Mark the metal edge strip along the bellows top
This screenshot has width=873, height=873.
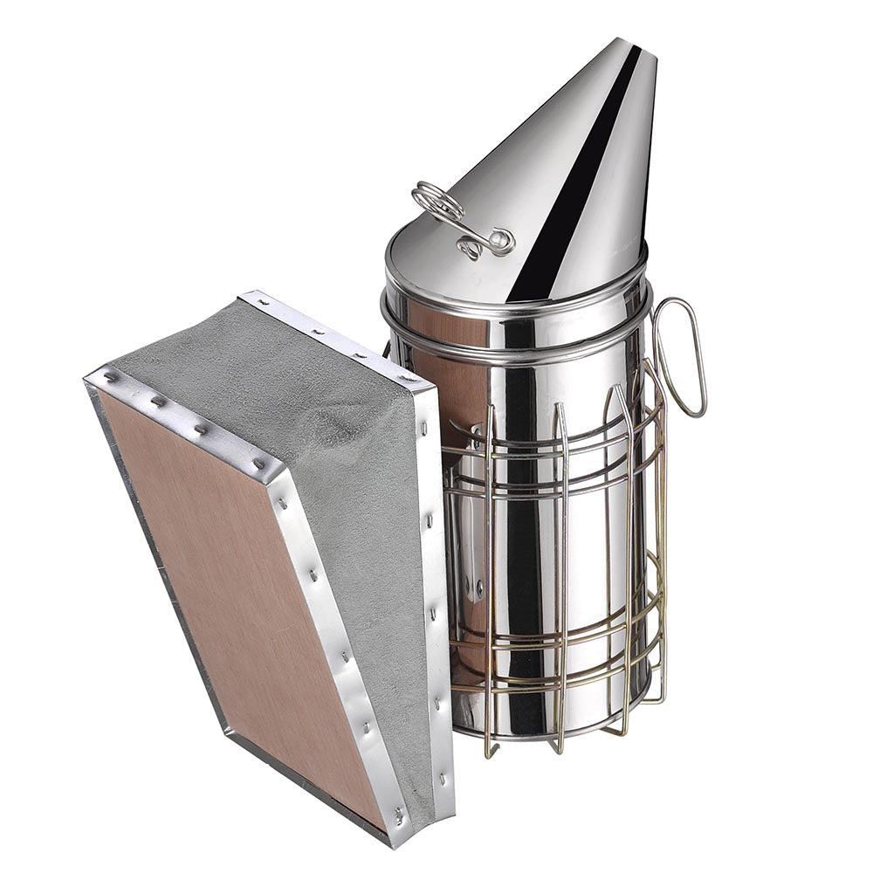coord(340,336)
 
